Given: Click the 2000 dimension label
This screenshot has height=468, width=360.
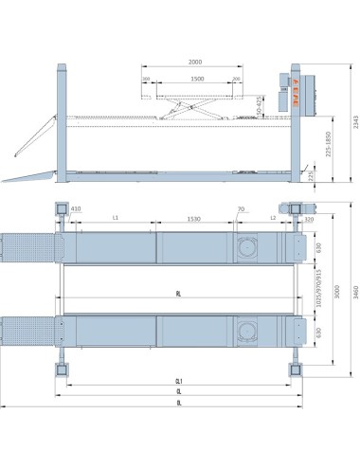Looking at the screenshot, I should tap(195, 62).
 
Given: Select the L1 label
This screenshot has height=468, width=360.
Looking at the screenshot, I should tap(115, 217).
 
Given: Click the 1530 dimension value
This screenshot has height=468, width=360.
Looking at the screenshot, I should tap(191, 217).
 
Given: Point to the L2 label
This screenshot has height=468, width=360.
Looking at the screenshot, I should tap(272, 217).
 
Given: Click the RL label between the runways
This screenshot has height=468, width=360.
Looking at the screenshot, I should tap(177, 295).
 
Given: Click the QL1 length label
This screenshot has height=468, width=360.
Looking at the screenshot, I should tap(177, 380).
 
